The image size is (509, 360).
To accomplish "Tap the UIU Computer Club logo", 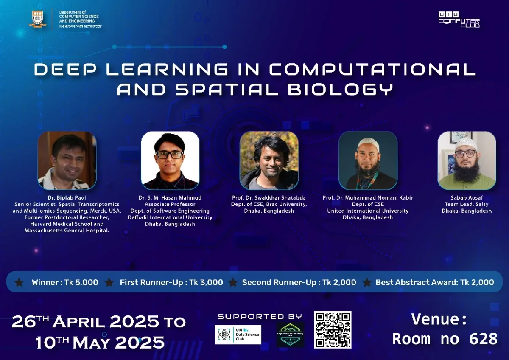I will coord(459,20).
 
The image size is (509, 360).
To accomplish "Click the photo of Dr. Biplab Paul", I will coord(67,160).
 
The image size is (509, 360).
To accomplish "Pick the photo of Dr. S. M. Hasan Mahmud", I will coord(170,160).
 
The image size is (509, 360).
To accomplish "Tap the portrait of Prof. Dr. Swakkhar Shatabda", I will coord(269,160).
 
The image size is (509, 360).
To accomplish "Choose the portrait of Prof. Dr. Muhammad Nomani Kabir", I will coord(368,160).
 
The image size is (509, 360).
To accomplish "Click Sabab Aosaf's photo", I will coord(467,160).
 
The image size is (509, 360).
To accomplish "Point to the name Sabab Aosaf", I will coord(467,198).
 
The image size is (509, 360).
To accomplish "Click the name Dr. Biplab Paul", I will coord(67,198).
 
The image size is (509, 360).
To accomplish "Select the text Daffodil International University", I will coord(170,217).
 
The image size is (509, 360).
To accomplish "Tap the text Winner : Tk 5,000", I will coord(65,282).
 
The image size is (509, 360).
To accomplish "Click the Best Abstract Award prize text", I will coord(434,282).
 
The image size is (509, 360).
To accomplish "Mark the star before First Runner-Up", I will coord(109,282).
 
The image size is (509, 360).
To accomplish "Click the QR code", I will coord(333,329).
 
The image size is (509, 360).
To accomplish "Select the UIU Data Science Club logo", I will coord(238,335).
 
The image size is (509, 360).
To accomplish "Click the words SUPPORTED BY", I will coord(260,317).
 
